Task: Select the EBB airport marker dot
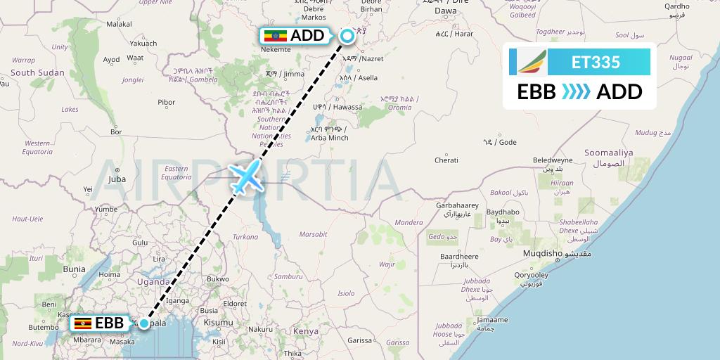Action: click(x=143, y=323)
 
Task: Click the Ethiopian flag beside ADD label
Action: click(x=275, y=36)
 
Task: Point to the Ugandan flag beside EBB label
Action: click(x=82, y=323)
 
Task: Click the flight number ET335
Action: click(x=596, y=62)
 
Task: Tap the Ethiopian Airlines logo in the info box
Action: click(x=531, y=61)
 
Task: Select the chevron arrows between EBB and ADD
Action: click(x=576, y=91)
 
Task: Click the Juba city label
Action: click(x=117, y=179)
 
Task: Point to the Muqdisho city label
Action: click(x=543, y=253)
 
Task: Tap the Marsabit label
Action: click(x=313, y=233)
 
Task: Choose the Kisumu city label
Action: click(x=219, y=322)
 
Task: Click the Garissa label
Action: click(x=359, y=340)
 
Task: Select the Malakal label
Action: click(x=119, y=24)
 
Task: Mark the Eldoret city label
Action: click(x=233, y=304)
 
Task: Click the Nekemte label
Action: click(x=276, y=50)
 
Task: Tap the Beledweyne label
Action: click(x=553, y=160)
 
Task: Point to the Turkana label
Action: click(x=246, y=237)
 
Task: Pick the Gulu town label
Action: click(x=140, y=243)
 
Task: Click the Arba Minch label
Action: click(x=329, y=137)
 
